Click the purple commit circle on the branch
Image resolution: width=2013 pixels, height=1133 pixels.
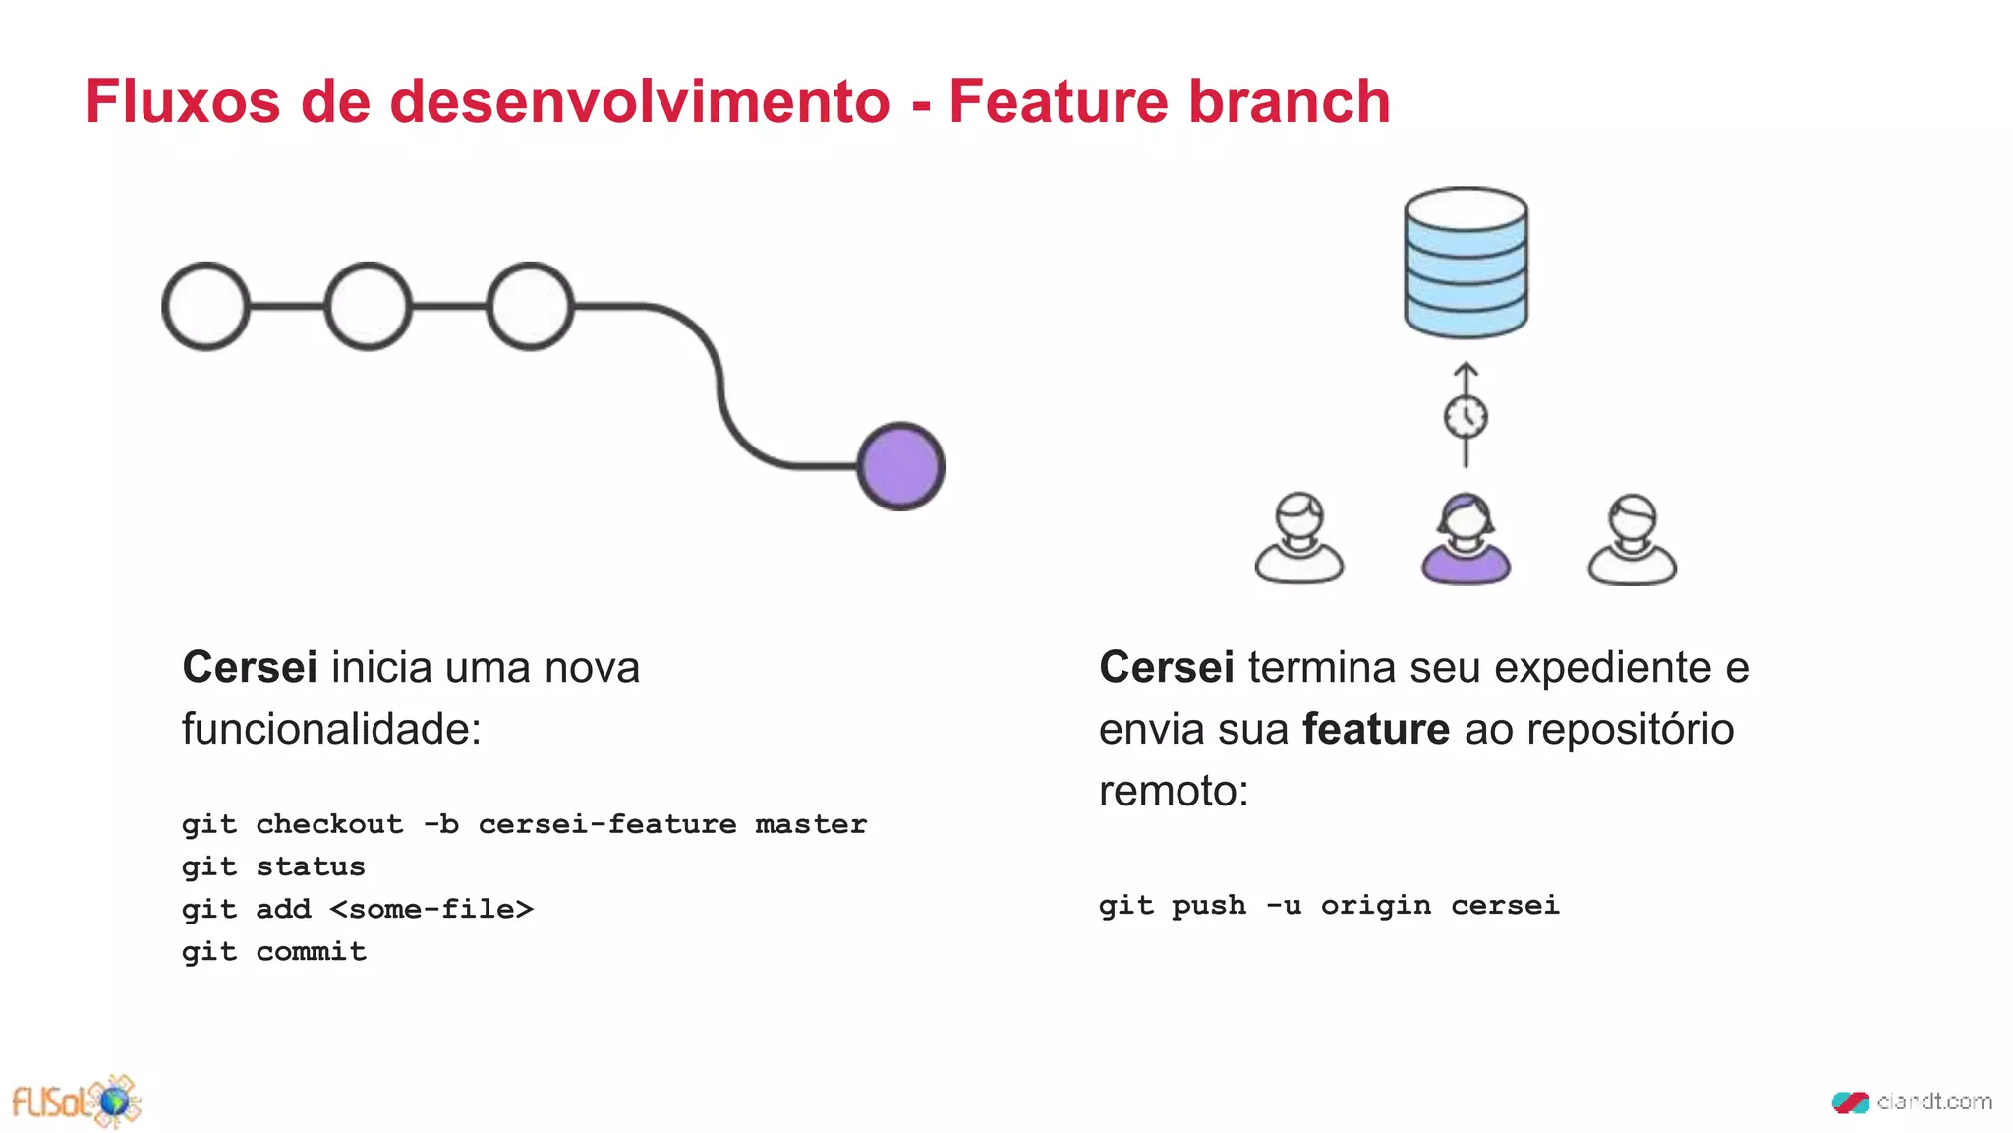[900, 466]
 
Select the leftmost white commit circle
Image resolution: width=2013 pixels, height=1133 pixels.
[205, 306]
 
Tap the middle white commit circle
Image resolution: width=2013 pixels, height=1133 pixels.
[368, 306]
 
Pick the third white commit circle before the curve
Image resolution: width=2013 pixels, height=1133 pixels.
[530, 306]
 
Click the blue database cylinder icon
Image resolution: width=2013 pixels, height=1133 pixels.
[1466, 263]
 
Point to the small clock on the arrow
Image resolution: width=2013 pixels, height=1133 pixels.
[1466, 417]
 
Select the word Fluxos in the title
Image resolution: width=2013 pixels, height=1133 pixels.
[183, 101]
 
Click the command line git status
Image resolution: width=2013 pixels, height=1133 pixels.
[273, 866]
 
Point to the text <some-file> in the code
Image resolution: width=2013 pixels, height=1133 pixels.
[431, 909]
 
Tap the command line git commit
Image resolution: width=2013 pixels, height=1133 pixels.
[273, 951]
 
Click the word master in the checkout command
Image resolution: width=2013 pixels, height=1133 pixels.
[811, 824]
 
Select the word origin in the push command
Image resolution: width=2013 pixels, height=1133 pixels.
[1375, 905]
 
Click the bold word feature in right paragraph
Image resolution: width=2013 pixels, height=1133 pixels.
[1375, 730]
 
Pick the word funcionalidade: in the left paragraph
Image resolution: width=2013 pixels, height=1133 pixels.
[331, 730]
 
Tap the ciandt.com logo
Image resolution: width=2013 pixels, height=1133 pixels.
[1912, 1102]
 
